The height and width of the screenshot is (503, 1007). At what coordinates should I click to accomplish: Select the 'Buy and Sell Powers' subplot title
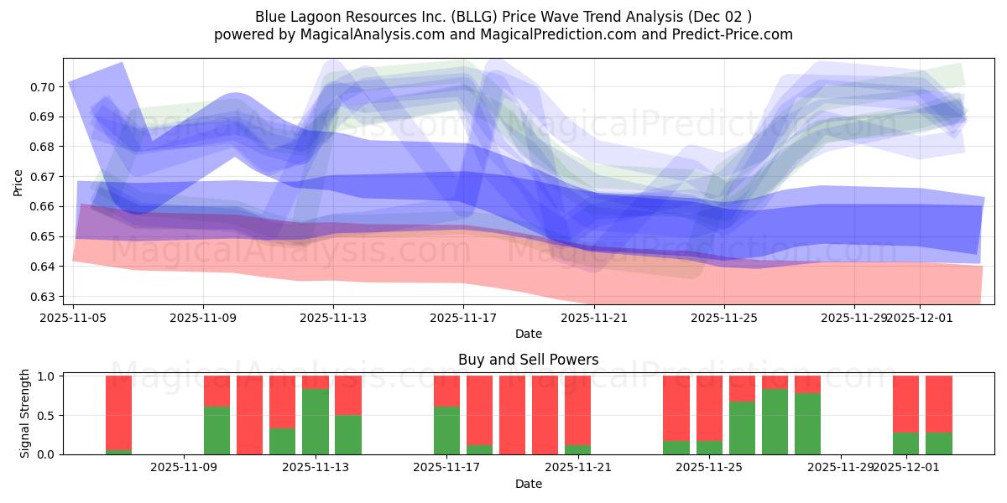[528, 360]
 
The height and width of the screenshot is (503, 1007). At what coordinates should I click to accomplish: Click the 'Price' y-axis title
[18, 182]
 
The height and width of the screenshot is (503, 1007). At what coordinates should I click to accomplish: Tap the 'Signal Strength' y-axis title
[25, 413]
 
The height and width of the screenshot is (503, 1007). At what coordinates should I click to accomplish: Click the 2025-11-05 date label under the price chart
[74, 319]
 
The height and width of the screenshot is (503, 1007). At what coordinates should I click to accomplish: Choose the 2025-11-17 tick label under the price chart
[463, 319]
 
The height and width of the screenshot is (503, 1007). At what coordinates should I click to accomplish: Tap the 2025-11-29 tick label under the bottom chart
[841, 469]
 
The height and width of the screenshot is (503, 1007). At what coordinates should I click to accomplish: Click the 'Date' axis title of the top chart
[528, 334]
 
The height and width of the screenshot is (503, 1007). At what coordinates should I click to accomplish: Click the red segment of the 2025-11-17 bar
[446, 391]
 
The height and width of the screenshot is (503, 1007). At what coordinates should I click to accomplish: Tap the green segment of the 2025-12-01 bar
[906, 443]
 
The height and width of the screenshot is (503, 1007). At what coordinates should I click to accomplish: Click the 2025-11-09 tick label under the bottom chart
[184, 469]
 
